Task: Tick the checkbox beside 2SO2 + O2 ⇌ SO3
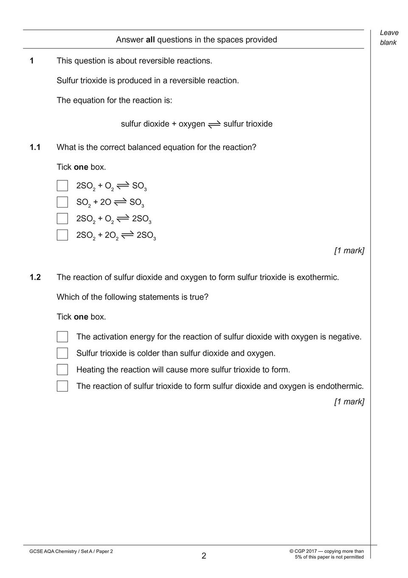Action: (x=62, y=186)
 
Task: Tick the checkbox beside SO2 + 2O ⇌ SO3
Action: (x=62, y=202)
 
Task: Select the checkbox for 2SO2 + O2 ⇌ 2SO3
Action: (x=62, y=218)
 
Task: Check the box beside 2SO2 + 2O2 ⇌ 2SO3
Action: (x=62, y=235)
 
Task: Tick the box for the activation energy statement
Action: (x=62, y=337)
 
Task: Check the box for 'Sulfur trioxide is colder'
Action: (x=62, y=353)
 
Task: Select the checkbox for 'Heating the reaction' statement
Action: (x=62, y=370)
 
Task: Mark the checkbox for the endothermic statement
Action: (x=62, y=386)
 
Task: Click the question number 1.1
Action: (x=35, y=147)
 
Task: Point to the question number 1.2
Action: (x=35, y=278)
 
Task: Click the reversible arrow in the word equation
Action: (x=214, y=124)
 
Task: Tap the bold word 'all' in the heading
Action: (x=150, y=40)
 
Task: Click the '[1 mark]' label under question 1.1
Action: (x=349, y=251)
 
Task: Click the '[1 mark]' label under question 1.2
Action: (x=349, y=402)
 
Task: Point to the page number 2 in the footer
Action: (x=204, y=556)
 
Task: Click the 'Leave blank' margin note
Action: (x=389, y=37)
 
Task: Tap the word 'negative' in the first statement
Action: (x=343, y=337)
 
